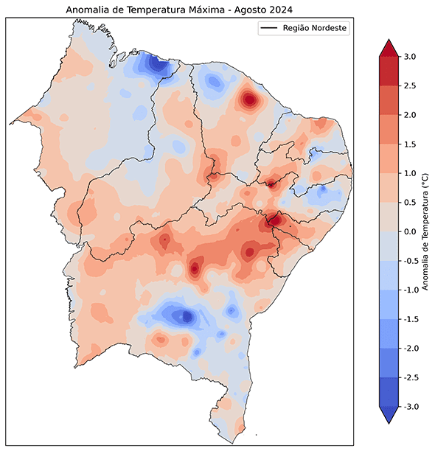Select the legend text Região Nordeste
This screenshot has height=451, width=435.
point(314,28)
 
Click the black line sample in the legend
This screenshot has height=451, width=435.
point(268,28)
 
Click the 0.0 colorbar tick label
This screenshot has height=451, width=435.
point(409,231)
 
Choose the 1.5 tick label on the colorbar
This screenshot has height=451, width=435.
point(409,144)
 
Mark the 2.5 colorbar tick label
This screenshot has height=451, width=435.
point(409,86)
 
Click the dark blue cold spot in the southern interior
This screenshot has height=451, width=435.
point(186,316)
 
